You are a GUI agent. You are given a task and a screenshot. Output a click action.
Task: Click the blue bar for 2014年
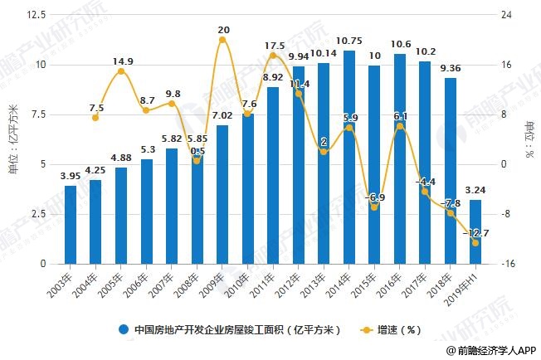tap(349, 158)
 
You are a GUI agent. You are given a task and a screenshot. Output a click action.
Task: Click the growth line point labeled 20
tap(222, 40)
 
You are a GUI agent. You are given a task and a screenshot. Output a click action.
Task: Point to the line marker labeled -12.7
tap(475, 243)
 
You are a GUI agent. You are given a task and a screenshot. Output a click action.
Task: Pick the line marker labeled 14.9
tap(121, 71)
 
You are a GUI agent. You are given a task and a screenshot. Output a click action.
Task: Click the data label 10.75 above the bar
tap(349, 41)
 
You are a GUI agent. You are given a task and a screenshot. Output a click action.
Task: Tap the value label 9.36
tap(451, 68)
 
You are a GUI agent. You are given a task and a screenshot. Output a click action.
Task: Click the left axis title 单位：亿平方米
tap(12, 139)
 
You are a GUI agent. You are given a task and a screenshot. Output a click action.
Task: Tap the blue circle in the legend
tap(124, 328)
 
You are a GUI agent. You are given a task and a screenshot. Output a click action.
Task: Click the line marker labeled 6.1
tap(400, 126)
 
